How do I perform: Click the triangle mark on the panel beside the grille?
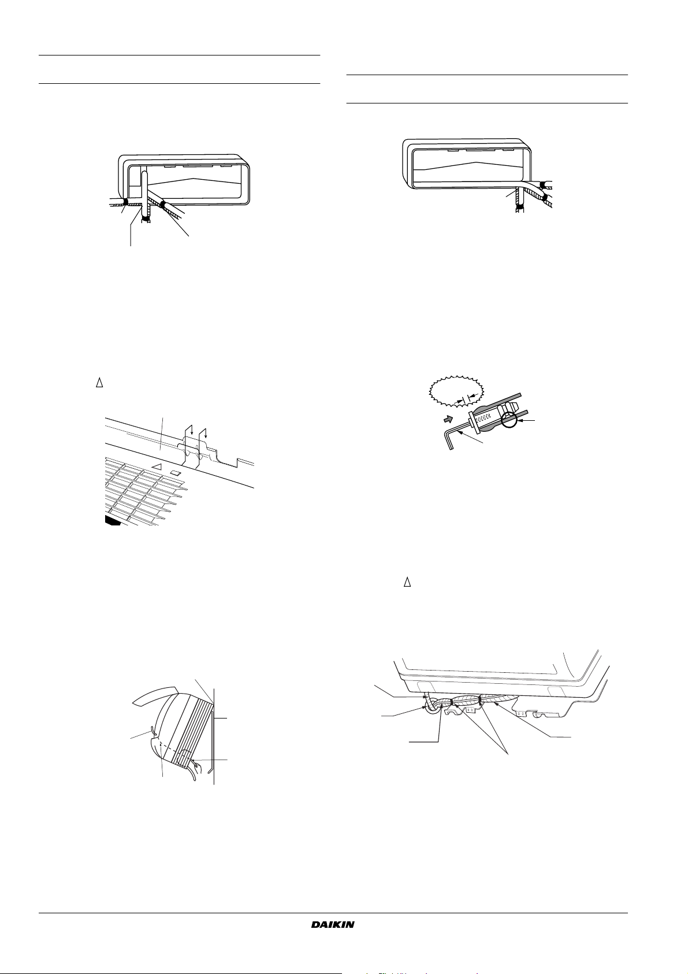[x=157, y=466]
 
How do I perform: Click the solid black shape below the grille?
[x=113, y=520]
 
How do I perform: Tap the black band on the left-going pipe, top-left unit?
[x=125, y=202]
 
